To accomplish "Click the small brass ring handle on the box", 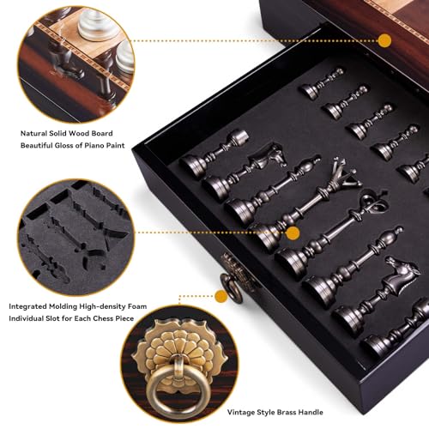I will (x=230, y=287).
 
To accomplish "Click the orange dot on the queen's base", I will (x=293, y=233).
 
